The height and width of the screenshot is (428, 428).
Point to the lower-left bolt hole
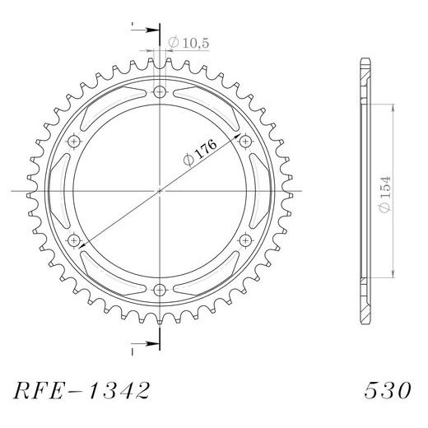tap(75, 240)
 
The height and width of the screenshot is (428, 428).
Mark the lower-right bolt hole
tap(244, 240)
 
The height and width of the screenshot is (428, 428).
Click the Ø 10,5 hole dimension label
tap(185, 42)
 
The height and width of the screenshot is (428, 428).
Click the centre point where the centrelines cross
tap(160, 190)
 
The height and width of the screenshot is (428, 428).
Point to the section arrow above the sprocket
tap(147, 32)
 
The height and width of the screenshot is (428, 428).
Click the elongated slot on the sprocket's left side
tap(58, 190)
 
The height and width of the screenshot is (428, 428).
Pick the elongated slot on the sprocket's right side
tap(261, 190)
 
